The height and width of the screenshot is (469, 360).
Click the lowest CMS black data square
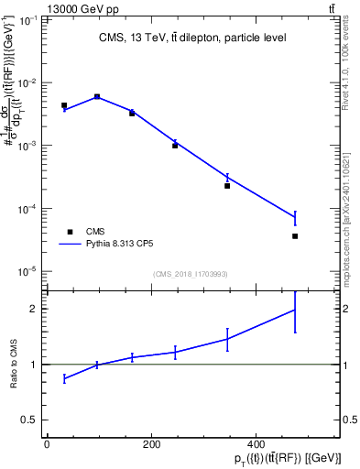(x=295, y=236)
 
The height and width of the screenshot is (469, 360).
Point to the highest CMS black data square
(x=97, y=96)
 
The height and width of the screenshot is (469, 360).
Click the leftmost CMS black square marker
(x=64, y=105)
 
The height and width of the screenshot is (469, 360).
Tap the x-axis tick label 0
(x=47, y=444)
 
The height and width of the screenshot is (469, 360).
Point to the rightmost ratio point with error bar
(x=295, y=310)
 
